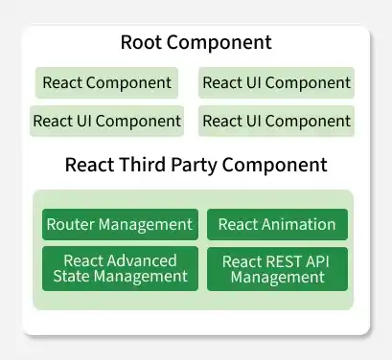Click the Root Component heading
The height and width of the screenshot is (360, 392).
click(x=196, y=43)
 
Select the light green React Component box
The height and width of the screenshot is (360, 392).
click(x=107, y=82)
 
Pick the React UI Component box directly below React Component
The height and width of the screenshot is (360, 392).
click(x=107, y=121)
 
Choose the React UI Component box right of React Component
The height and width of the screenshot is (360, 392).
click(x=276, y=82)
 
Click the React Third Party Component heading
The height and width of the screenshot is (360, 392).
click(x=196, y=164)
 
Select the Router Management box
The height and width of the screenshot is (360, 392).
click(x=120, y=225)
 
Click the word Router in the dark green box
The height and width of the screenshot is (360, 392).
click(x=70, y=225)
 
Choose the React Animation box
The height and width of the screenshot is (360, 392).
click(x=277, y=225)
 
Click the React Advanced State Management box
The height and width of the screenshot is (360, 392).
click(x=120, y=268)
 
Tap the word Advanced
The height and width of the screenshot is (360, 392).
click(x=142, y=260)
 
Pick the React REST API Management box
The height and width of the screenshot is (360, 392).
click(x=277, y=268)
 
